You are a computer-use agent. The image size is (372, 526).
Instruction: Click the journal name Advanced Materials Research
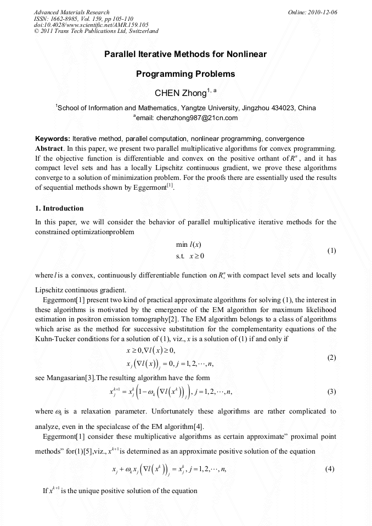point(71,12)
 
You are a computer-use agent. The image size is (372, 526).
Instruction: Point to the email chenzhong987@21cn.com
point(196,117)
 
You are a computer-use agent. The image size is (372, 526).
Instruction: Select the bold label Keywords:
point(52,139)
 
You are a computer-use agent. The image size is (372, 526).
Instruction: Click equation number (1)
point(331,251)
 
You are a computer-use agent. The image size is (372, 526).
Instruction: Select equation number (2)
point(331,358)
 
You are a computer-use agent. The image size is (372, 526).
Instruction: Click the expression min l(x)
point(186,244)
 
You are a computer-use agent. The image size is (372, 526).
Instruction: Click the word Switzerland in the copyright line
point(142,31)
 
